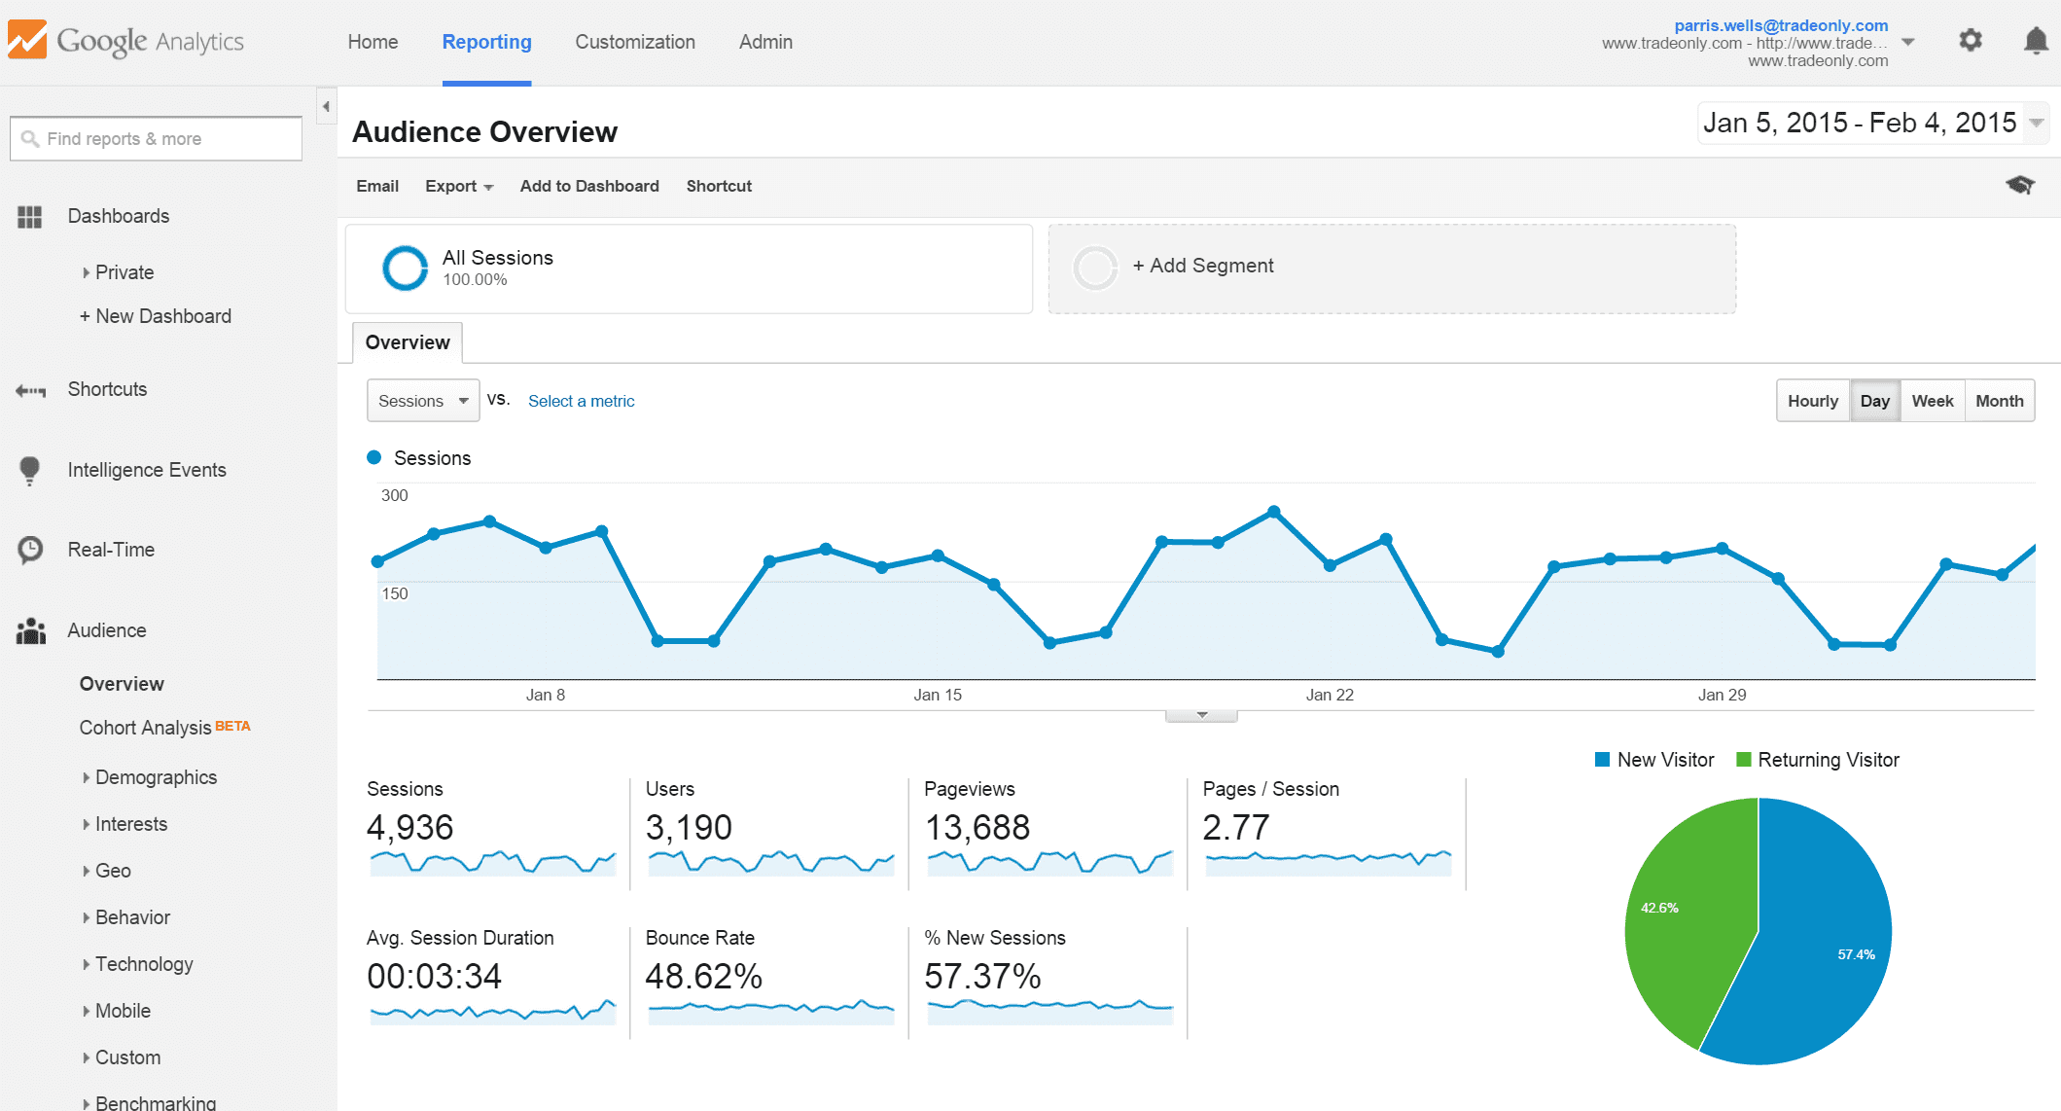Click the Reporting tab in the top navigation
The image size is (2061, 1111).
pyautogui.click(x=486, y=42)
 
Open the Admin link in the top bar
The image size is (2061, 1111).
pyautogui.click(x=765, y=42)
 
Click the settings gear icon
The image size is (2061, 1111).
pyautogui.click(x=1970, y=41)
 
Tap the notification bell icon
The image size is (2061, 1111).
pyautogui.click(x=2035, y=41)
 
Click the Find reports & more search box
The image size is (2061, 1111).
pyautogui.click(x=156, y=139)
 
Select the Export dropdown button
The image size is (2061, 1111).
pyautogui.click(x=459, y=186)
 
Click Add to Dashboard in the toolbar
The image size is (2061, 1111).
pyautogui.click(x=589, y=186)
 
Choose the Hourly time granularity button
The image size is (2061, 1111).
pyautogui.click(x=1812, y=401)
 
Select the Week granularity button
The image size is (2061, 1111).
pyautogui.click(x=1932, y=401)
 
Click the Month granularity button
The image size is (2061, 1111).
pyautogui.click(x=1999, y=401)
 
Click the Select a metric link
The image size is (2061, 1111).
pyautogui.click(x=581, y=401)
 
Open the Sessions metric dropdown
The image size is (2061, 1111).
pyautogui.click(x=423, y=401)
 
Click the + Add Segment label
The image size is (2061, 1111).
pyautogui.click(x=1202, y=266)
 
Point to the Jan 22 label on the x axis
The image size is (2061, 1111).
pyautogui.click(x=1330, y=695)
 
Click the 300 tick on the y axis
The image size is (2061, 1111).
pyautogui.click(x=394, y=495)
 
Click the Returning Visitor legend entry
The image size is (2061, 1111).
pyautogui.click(x=1818, y=760)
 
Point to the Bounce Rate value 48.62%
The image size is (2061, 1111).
pyautogui.click(x=703, y=976)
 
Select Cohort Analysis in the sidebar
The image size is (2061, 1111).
pyautogui.click(x=146, y=728)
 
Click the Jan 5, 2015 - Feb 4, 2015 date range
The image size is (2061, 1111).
pyautogui.click(x=1860, y=123)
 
